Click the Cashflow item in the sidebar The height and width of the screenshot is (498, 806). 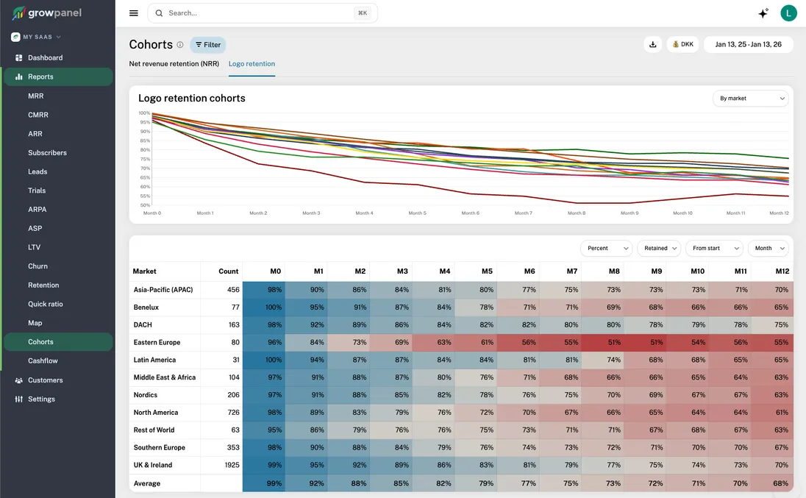[43, 360]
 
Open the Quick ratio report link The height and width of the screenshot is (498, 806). [46, 304]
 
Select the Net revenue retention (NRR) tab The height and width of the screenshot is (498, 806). [174, 64]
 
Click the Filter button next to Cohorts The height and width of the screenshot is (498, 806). [208, 45]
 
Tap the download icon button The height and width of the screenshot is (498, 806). [652, 44]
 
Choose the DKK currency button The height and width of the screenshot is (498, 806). [682, 44]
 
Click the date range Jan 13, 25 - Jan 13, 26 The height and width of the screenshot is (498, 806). [748, 44]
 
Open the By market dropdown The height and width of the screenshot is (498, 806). [750, 98]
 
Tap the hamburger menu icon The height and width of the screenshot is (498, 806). [133, 13]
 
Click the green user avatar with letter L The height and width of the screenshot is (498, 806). [788, 13]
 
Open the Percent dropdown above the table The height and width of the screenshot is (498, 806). [606, 248]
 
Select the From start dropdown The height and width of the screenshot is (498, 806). [713, 248]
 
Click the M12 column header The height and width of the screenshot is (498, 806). [781, 271]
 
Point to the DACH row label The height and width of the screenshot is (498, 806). [143, 324]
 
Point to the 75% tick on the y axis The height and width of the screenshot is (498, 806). [145, 159]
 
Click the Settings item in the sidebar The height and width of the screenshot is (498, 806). [41, 399]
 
